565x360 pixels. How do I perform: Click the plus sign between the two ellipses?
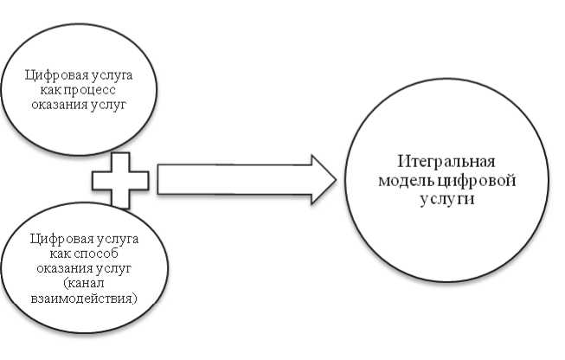point(120,181)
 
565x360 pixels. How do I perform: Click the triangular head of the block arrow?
point(323,180)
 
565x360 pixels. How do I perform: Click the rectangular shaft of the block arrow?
point(234,180)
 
